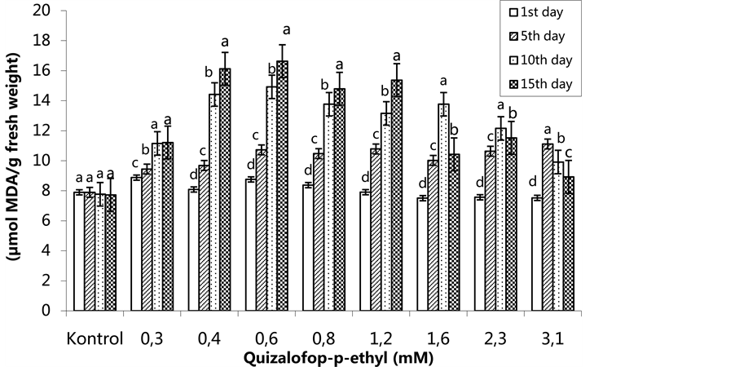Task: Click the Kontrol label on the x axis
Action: [95, 338]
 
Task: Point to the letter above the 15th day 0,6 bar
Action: [286, 29]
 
